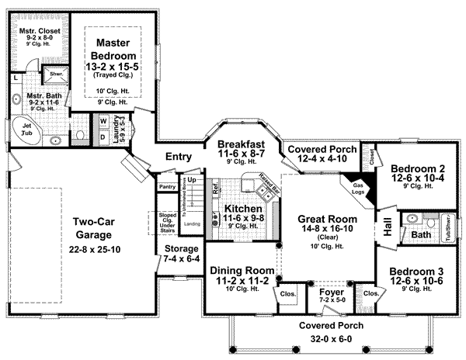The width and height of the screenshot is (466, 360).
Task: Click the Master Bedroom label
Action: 114,50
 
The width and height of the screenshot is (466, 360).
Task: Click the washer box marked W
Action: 102,123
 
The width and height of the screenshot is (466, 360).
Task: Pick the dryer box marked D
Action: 102,137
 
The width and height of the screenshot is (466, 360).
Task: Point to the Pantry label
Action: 166,187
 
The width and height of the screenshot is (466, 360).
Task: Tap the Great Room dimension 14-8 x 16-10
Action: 326,230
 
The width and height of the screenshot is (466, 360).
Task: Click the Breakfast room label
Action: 241,144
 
